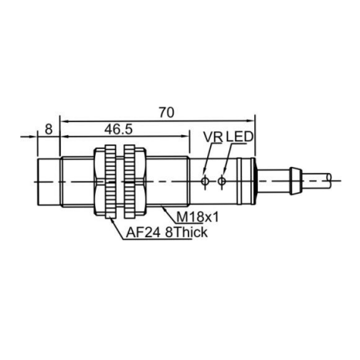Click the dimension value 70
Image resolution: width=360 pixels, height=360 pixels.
pos(166,113)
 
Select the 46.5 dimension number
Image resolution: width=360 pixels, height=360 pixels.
pos(118,129)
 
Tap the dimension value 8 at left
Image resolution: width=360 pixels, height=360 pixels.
pos(49,129)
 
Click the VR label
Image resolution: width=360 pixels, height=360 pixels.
pos(213,137)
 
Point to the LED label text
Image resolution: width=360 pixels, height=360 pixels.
pos(239,137)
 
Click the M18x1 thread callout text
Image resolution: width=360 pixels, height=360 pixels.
pos(198,217)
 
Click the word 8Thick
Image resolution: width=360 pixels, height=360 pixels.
pos(186,233)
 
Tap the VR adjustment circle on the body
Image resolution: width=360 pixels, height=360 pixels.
pos(205,182)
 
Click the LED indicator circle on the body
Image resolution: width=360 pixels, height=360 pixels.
pos(222,182)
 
